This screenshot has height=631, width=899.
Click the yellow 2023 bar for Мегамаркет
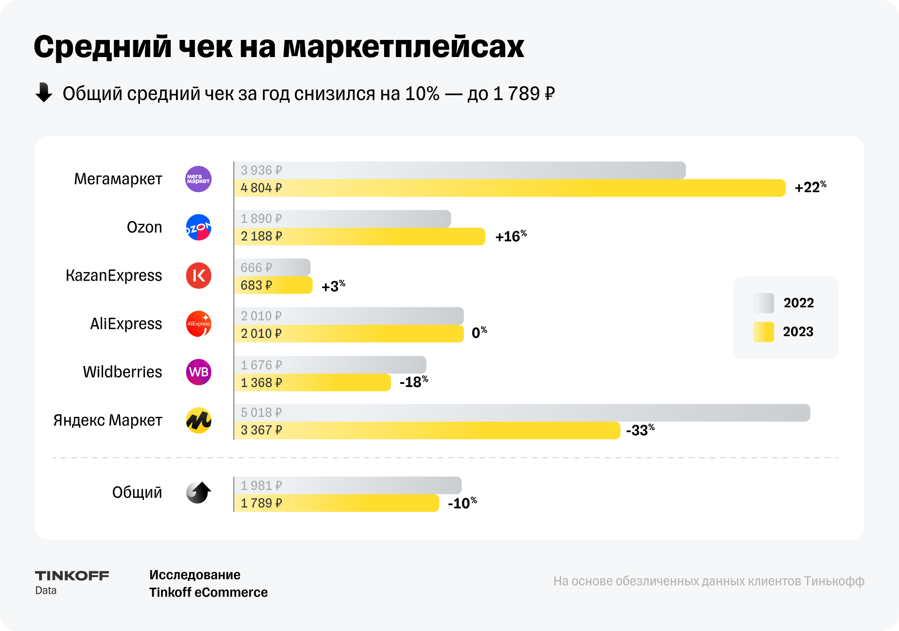click(509, 188)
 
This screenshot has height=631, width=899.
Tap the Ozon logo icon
click(198, 227)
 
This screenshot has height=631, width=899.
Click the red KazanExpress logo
click(198, 276)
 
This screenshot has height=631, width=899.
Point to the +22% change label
click(810, 187)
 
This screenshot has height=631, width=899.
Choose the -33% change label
click(640, 430)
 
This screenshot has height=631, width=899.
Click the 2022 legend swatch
click(763, 303)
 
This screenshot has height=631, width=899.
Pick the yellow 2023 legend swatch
click(763, 332)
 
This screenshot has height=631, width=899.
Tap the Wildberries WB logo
click(198, 372)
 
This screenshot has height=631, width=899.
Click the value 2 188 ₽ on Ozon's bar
click(261, 237)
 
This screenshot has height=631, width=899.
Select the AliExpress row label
click(126, 324)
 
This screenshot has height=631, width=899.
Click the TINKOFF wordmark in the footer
click(72, 576)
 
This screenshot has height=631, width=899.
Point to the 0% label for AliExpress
click(479, 333)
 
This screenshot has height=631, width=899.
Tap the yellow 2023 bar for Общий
click(336, 503)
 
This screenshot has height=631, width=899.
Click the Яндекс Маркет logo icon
click(198, 420)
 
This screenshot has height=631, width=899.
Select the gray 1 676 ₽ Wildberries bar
click(330, 365)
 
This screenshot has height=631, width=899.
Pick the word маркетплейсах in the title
click(403, 47)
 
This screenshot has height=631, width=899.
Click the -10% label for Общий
click(462, 503)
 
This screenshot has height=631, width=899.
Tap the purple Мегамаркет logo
click(198, 179)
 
